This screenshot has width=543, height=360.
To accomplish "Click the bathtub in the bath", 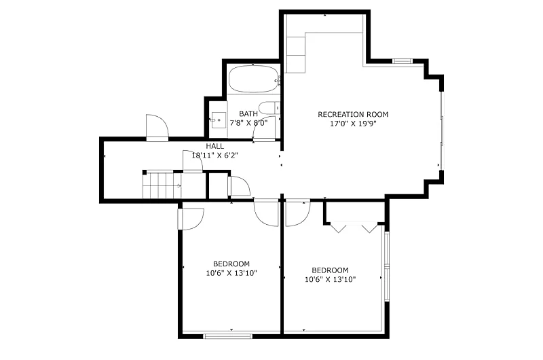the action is [254, 79].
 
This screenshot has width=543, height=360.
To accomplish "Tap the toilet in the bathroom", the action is [269, 108].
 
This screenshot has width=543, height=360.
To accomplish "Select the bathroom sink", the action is [219, 120].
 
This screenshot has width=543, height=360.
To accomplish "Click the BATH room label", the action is [248, 113].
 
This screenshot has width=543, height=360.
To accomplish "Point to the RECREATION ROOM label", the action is [353, 114].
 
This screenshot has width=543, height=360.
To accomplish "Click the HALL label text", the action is [214, 146].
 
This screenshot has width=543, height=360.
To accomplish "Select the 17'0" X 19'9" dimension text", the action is [353, 124].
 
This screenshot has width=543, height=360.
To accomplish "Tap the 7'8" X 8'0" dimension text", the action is [248, 123].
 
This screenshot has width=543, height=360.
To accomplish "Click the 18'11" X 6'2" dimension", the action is [214, 156].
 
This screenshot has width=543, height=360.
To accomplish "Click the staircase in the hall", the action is [163, 185].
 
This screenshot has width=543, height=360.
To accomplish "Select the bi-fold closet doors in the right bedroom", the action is [354, 228].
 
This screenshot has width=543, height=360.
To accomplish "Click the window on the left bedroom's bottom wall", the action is [228, 336].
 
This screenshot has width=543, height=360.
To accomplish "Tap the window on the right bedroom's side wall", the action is [387, 266].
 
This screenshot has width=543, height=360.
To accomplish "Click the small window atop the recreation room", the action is [402, 61].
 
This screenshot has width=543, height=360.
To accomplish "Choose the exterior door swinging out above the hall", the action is [157, 128].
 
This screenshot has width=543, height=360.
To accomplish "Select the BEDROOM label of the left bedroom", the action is [231, 264].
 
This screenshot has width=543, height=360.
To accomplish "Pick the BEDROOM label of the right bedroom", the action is [330, 270].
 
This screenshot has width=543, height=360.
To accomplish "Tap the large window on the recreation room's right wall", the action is [442, 130].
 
